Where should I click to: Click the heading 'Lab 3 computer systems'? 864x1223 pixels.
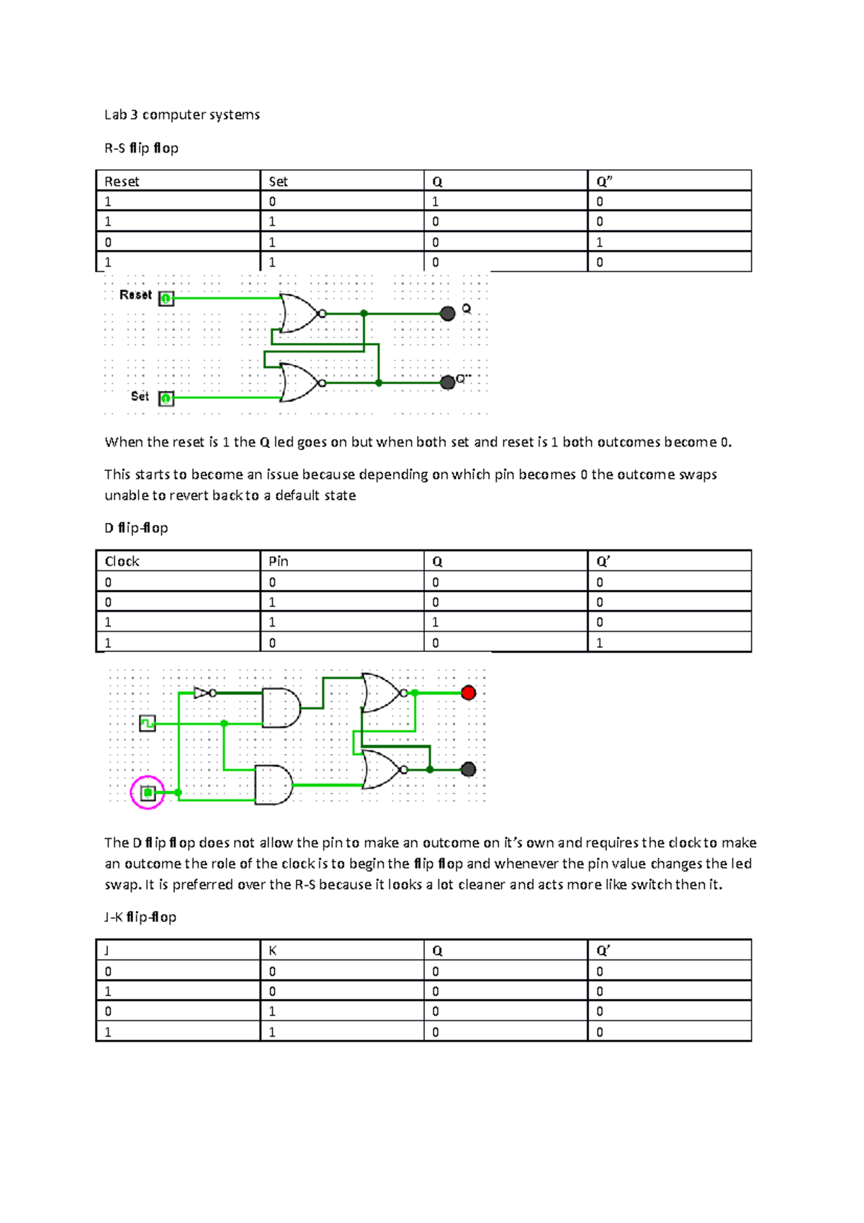pos(181,115)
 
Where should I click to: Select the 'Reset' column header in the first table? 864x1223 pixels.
pos(122,182)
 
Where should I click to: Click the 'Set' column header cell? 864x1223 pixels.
pos(278,182)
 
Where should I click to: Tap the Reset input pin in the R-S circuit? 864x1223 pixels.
pos(166,298)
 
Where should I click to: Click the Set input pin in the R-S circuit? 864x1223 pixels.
pos(166,398)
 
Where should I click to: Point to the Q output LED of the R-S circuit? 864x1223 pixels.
pos(448,313)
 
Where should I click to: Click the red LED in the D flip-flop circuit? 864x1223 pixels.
pos(468,693)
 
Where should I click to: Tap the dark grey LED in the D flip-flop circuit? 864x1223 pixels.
pos(468,769)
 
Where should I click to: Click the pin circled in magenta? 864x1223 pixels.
pos(148,792)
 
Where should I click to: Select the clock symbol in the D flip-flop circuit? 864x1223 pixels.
pos(147,723)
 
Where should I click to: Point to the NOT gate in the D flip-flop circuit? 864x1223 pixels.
pos(204,693)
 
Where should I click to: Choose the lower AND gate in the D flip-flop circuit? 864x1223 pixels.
pos(274,784)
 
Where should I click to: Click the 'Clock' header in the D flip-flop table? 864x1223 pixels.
pos(122,561)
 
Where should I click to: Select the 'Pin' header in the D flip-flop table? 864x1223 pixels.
pos(278,561)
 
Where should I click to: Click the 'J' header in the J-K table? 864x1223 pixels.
pos(107,951)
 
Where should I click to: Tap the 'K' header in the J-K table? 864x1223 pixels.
pos(272,951)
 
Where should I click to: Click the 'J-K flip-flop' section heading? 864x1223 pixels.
pos(140,917)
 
